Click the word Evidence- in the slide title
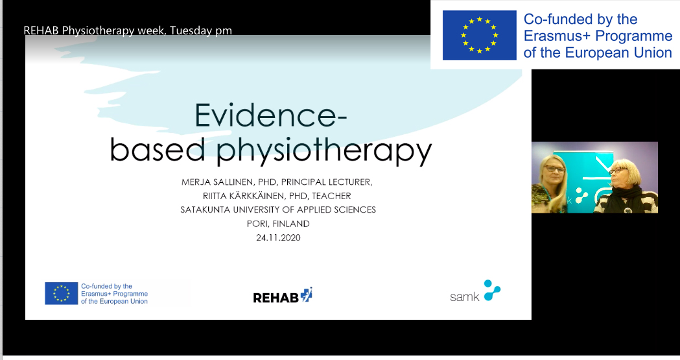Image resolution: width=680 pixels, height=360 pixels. (270, 115)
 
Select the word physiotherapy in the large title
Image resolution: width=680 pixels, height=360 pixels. (324, 150)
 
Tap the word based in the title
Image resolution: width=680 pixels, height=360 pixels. (157, 149)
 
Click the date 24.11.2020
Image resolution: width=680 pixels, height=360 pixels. (278, 237)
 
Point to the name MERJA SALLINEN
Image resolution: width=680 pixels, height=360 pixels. (217, 182)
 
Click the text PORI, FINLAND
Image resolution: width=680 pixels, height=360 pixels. (278, 224)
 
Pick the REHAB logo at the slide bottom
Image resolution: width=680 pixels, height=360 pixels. (283, 295)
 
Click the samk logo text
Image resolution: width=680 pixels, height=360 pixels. (465, 296)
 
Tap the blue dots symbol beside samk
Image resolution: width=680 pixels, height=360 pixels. (492, 290)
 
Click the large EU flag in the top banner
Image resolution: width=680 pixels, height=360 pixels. (479, 35)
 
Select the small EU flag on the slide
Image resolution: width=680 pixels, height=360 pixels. (61, 293)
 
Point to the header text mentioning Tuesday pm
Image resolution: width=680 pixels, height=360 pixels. (128, 30)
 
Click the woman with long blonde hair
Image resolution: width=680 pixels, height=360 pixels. (550, 184)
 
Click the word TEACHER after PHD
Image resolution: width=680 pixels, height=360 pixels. (332, 196)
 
